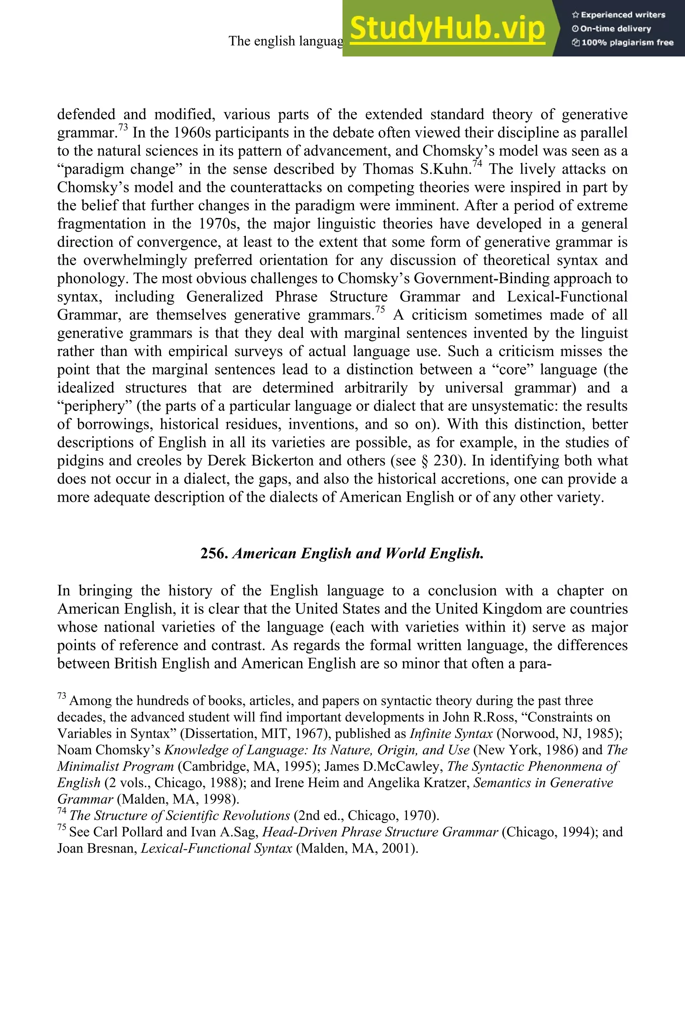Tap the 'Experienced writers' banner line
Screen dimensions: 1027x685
(x=618, y=15)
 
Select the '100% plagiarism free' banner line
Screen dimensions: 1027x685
(x=622, y=43)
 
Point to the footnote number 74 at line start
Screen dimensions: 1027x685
(x=62, y=810)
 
